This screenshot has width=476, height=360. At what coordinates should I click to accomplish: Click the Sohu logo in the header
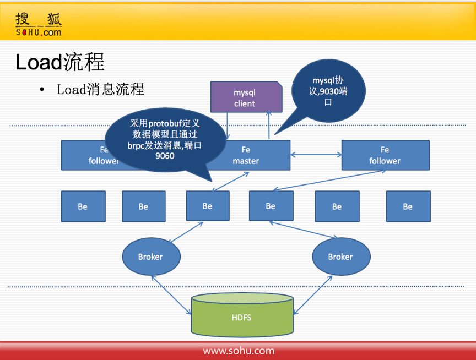click(x=39, y=24)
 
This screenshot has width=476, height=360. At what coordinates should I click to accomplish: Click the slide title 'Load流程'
click(x=60, y=62)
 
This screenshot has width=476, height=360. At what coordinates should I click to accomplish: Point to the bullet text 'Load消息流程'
click(x=100, y=89)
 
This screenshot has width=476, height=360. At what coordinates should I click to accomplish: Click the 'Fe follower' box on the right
click(x=385, y=155)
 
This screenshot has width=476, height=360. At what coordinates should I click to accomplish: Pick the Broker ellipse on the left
click(x=150, y=257)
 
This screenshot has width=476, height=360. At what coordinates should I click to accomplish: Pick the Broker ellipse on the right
click(x=340, y=257)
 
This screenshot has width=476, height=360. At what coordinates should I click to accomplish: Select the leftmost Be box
click(x=83, y=206)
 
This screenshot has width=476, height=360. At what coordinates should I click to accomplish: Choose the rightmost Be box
click(x=408, y=206)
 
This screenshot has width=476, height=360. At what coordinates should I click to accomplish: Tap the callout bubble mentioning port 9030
click(x=327, y=91)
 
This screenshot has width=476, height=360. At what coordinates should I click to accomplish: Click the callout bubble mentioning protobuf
click(x=165, y=138)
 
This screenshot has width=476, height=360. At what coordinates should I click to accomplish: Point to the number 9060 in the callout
click(x=165, y=156)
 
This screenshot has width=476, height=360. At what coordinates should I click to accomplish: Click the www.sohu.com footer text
click(x=239, y=351)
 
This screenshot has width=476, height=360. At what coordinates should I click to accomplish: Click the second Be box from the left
click(x=143, y=206)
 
